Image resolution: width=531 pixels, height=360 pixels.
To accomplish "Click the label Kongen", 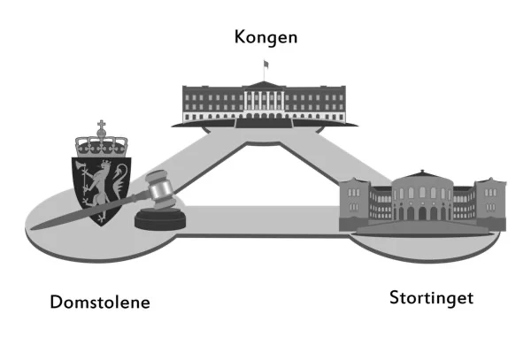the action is click(265, 37).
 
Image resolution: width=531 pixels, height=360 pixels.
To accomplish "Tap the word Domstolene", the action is click(100, 303).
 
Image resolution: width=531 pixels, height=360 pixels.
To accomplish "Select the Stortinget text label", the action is click(431, 297).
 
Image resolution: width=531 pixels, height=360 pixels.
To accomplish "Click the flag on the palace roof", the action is click(264, 64).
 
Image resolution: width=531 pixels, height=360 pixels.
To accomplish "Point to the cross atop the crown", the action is click(101, 125).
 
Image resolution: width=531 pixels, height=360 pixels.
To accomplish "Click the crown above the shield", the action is click(101, 142).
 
